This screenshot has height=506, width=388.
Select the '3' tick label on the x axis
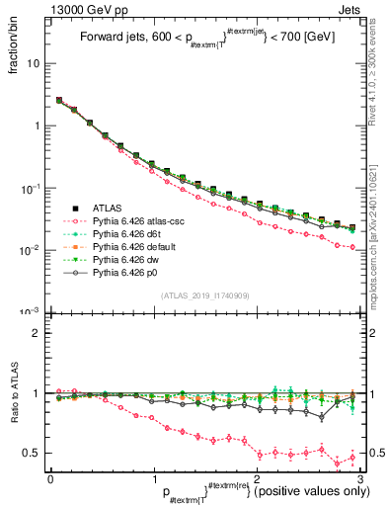click(360, 479)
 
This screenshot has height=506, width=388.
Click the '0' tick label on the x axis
click(50, 479)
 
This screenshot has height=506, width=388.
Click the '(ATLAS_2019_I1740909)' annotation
click(204, 295)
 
